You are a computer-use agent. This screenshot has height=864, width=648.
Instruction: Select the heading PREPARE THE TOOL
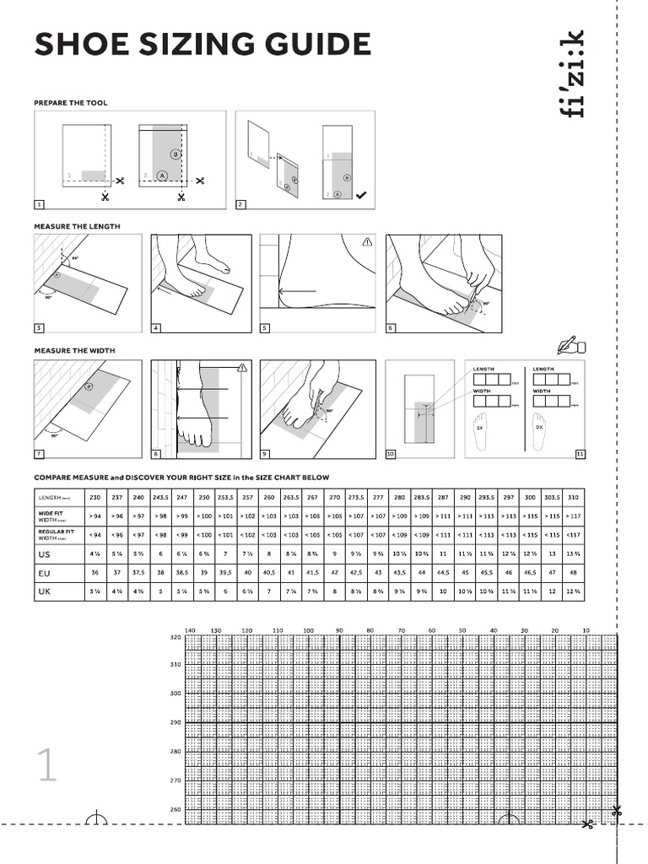(x=71, y=102)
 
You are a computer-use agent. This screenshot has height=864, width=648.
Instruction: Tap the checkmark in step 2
(x=361, y=195)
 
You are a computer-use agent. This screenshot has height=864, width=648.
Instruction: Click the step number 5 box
(x=265, y=327)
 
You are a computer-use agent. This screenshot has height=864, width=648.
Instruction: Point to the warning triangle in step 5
(x=367, y=241)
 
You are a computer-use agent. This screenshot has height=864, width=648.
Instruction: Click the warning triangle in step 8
(x=242, y=367)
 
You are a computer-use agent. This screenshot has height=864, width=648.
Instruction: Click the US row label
(x=45, y=554)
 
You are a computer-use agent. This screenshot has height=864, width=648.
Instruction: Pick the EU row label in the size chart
(x=45, y=573)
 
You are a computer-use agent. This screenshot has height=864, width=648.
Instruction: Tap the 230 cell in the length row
(x=94, y=496)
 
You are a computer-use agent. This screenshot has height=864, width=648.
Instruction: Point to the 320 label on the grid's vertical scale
(x=175, y=638)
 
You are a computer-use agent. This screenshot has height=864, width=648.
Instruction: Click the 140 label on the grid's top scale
(x=190, y=630)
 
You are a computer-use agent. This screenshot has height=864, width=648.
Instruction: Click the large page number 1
(x=46, y=765)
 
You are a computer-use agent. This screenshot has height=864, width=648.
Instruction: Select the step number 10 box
(x=391, y=455)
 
